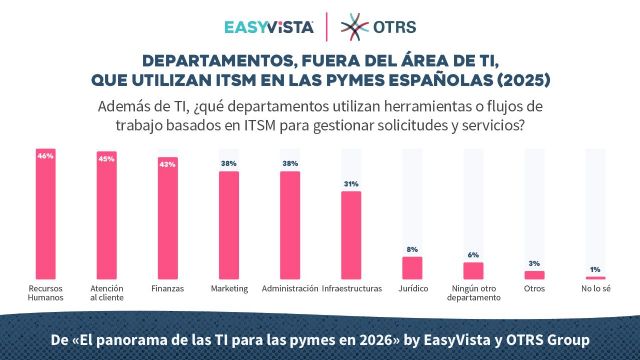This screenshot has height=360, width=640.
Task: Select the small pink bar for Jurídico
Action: click(412, 267)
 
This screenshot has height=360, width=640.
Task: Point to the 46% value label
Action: click(45, 155)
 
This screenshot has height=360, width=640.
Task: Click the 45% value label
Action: click(106, 156)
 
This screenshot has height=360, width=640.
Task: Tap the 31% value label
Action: click(350, 184)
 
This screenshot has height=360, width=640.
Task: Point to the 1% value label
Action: click(595, 270)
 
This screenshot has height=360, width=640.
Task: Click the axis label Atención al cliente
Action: click(106, 294)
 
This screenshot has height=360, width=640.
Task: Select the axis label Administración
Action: click(289, 289)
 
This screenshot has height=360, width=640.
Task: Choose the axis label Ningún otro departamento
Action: click(473, 294)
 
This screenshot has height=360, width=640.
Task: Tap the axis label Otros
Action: click(534, 289)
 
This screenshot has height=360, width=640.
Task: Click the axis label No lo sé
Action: click(595, 289)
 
